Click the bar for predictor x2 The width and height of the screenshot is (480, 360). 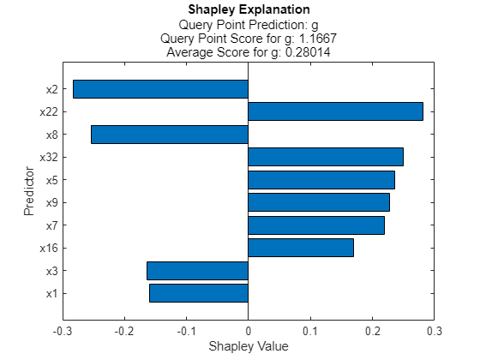tap(160, 89)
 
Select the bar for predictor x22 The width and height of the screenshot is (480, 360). tap(335, 111)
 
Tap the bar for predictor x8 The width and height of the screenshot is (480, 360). tap(170, 135)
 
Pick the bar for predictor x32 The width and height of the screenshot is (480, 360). tap(325, 157)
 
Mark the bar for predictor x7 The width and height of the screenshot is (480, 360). tap(316, 225)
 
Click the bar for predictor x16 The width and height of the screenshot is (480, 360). tap(301, 248)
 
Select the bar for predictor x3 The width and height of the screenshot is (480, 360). tap(197, 271)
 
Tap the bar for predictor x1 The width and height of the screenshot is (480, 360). tap(199, 293)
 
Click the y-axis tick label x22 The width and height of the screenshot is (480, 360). tap(49, 111)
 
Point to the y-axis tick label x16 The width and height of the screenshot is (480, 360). tap(49, 248)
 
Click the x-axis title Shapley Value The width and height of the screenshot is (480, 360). tap(249, 346)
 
